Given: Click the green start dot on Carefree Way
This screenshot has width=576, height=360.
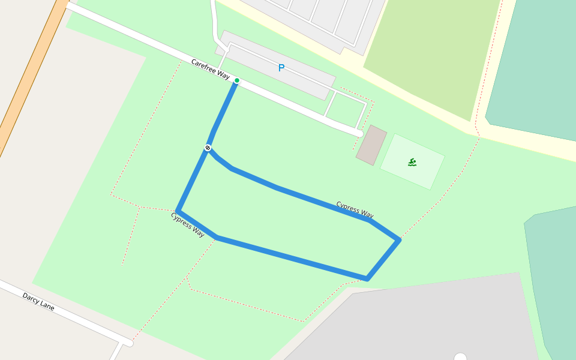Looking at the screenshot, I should [237, 80].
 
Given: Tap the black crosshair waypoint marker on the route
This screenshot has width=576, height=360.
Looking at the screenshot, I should [208, 148].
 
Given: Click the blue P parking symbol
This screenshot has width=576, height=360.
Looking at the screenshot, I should [281, 68].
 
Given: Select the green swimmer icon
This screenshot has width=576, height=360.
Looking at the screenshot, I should [412, 162].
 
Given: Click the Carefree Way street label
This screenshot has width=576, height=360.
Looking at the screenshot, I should [211, 69].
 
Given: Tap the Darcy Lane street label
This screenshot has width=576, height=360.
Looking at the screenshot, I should [38, 301].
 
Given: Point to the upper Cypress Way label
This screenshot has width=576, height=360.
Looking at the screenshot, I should [355, 210].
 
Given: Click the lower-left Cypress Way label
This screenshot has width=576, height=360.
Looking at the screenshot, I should [188, 224].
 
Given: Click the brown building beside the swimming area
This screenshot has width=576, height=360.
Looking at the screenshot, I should [371, 145].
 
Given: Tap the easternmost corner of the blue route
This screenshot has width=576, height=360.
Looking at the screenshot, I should [398, 240].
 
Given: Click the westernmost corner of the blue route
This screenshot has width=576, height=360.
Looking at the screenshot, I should [178, 211].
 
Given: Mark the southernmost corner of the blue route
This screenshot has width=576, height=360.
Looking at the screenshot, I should [367, 279].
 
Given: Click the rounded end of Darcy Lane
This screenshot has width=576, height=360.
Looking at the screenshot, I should [128, 343].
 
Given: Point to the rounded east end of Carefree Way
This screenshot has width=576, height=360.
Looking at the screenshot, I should [359, 133].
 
